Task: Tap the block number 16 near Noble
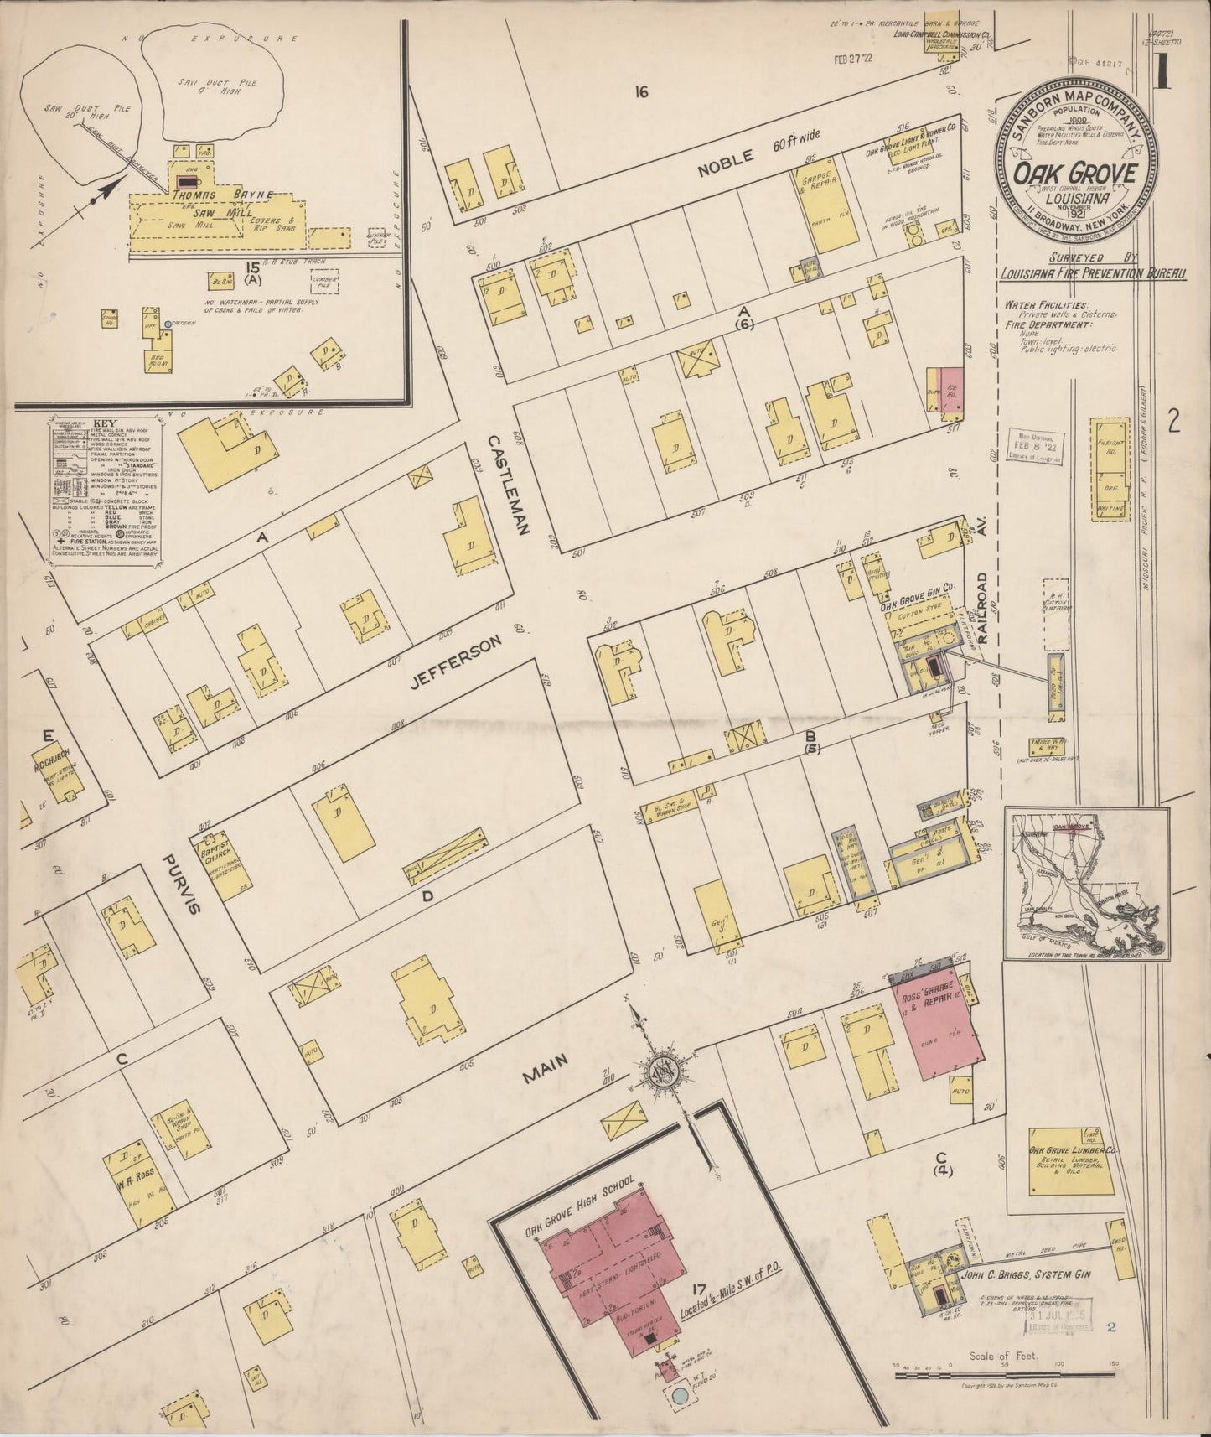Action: [x=642, y=92]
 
